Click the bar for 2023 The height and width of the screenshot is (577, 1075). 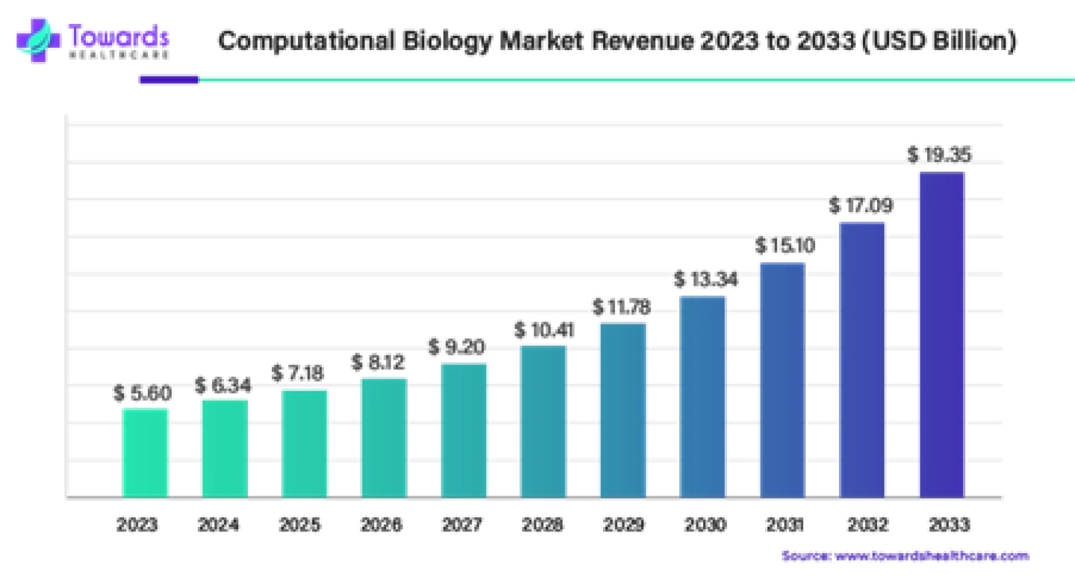point(145,452)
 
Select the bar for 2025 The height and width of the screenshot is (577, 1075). point(305,443)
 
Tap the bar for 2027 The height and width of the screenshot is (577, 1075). point(464,430)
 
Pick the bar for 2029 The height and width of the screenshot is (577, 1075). point(623,410)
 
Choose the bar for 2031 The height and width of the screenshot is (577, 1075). point(782,380)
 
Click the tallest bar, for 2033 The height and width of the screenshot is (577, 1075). point(941,334)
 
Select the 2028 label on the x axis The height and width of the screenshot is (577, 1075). point(543,526)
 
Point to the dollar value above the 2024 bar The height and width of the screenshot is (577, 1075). point(223,385)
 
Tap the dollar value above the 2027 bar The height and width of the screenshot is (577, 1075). point(457,346)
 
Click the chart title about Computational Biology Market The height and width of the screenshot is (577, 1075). point(617,40)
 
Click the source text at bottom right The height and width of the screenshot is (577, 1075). point(905,556)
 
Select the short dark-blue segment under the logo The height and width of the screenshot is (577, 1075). point(168,80)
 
